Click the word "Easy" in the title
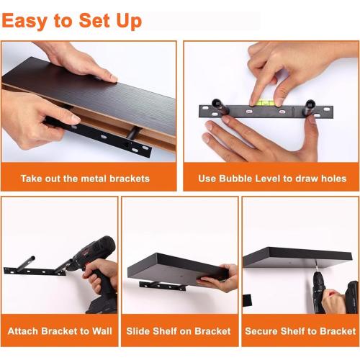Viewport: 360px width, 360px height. click(x=24, y=22)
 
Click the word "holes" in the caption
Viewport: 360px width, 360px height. click(x=334, y=179)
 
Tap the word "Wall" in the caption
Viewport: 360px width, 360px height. click(x=102, y=331)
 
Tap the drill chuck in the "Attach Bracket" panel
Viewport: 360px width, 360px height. click(x=68, y=266)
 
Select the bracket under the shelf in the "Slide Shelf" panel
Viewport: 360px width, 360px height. click(x=163, y=286)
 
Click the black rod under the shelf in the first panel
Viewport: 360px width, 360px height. click(x=132, y=132)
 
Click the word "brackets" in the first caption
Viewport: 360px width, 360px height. click(x=130, y=179)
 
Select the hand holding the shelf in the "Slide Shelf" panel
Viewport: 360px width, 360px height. click(x=220, y=278)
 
